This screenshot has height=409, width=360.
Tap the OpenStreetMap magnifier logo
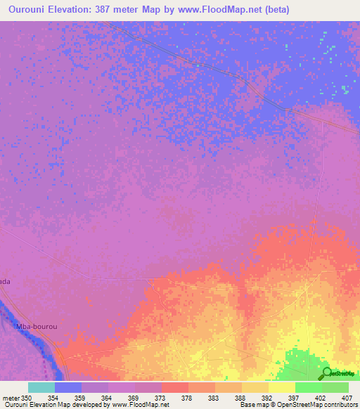coord(326,373)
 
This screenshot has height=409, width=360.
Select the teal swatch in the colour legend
coord(41,387)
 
